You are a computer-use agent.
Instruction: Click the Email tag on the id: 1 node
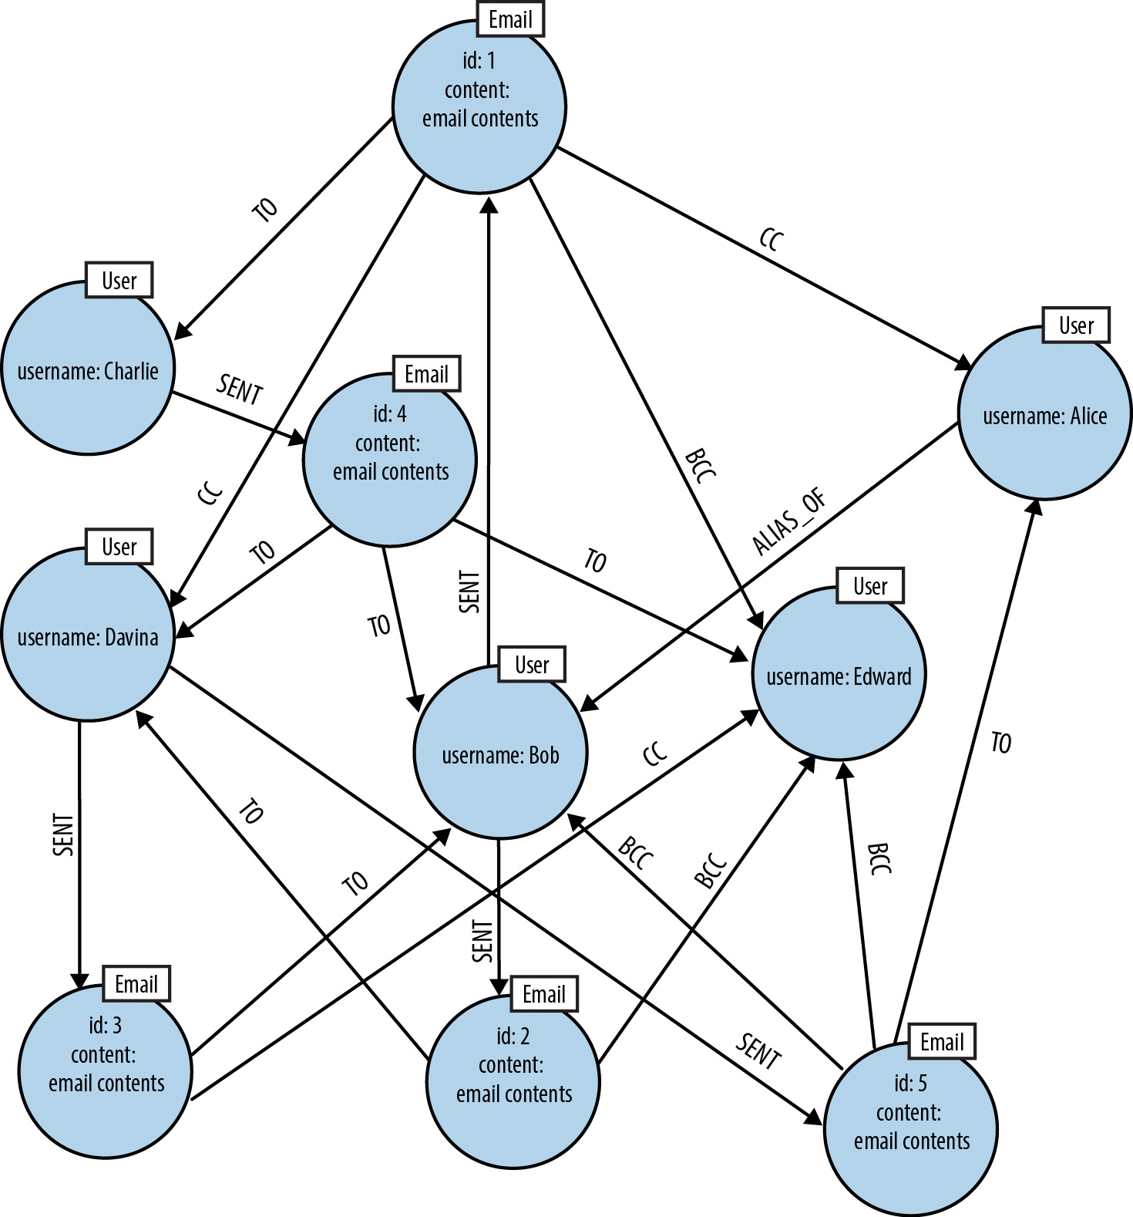(510, 19)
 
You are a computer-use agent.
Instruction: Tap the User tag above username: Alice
(1075, 325)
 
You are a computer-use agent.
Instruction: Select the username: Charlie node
(87, 369)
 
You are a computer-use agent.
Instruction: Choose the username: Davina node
(87, 635)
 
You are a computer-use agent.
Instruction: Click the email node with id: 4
(390, 460)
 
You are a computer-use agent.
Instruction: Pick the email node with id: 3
(106, 1070)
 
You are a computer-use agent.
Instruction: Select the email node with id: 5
(911, 1128)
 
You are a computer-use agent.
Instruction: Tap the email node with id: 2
(513, 1081)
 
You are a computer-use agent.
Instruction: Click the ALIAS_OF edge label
(789, 522)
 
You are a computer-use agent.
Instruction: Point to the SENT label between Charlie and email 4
(240, 389)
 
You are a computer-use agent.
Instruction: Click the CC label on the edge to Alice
(771, 240)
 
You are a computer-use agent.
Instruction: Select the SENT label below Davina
(63, 834)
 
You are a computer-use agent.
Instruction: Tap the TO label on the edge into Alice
(1000, 743)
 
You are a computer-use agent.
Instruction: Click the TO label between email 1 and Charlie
(265, 209)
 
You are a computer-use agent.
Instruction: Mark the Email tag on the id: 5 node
(942, 1042)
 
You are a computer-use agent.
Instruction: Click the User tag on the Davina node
(119, 547)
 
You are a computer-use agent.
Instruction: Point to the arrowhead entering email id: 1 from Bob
(489, 203)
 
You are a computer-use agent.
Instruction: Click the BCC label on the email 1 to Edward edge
(700, 466)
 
